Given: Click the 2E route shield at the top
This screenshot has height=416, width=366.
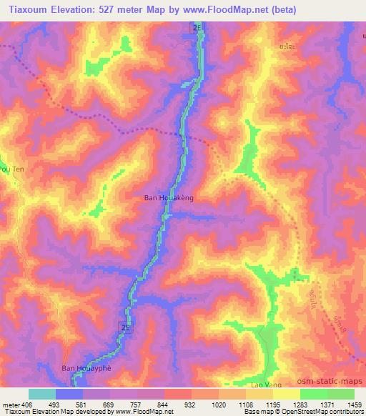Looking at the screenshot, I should point(197,26).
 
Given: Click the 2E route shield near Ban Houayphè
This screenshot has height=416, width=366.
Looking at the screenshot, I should point(125,327).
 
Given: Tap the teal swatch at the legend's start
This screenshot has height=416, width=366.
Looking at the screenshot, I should point(41,394).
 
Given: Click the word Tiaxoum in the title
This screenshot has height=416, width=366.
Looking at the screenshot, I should point(28,10).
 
